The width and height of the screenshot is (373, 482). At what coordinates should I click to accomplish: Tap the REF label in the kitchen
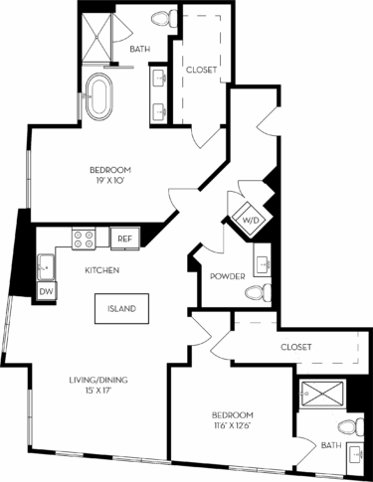124,239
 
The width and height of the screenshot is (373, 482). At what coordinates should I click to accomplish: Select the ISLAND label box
122,308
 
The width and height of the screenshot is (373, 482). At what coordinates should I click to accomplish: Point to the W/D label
245,221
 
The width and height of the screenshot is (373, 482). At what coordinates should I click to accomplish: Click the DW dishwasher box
46,291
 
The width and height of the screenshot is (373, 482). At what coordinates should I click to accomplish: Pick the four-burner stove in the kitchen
84,238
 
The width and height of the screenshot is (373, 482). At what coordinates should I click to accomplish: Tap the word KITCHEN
102,270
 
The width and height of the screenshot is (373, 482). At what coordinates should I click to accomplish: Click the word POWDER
228,276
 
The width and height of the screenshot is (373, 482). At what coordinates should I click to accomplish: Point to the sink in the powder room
263,264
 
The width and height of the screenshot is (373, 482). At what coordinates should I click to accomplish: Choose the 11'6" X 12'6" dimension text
233,426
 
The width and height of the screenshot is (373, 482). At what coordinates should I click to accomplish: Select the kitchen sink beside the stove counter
46,265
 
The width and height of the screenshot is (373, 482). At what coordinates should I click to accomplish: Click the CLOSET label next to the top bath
202,71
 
